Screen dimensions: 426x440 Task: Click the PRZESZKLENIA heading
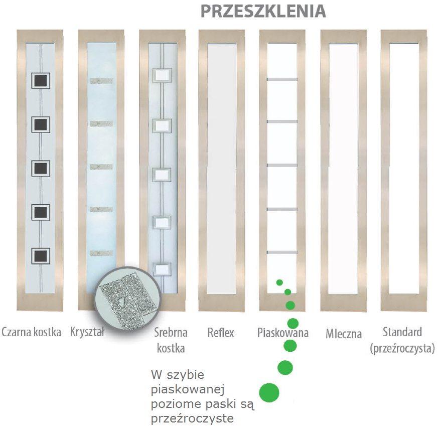(x=263, y=11)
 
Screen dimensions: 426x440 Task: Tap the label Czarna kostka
(x=32, y=332)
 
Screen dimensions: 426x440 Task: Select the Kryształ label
(x=88, y=332)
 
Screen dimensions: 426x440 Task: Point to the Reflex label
(x=221, y=333)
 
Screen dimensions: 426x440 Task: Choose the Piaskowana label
(x=283, y=333)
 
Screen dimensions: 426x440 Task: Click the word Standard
(x=402, y=332)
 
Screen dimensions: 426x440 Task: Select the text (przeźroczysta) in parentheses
(x=402, y=348)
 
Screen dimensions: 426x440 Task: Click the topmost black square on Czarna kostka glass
(x=41, y=80)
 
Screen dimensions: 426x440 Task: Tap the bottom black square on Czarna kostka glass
(x=41, y=256)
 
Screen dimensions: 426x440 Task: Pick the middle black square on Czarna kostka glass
(x=41, y=168)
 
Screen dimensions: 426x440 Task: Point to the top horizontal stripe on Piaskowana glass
(x=282, y=79)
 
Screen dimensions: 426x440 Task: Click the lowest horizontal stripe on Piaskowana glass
(x=282, y=251)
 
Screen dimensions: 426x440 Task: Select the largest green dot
(x=269, y=392)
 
